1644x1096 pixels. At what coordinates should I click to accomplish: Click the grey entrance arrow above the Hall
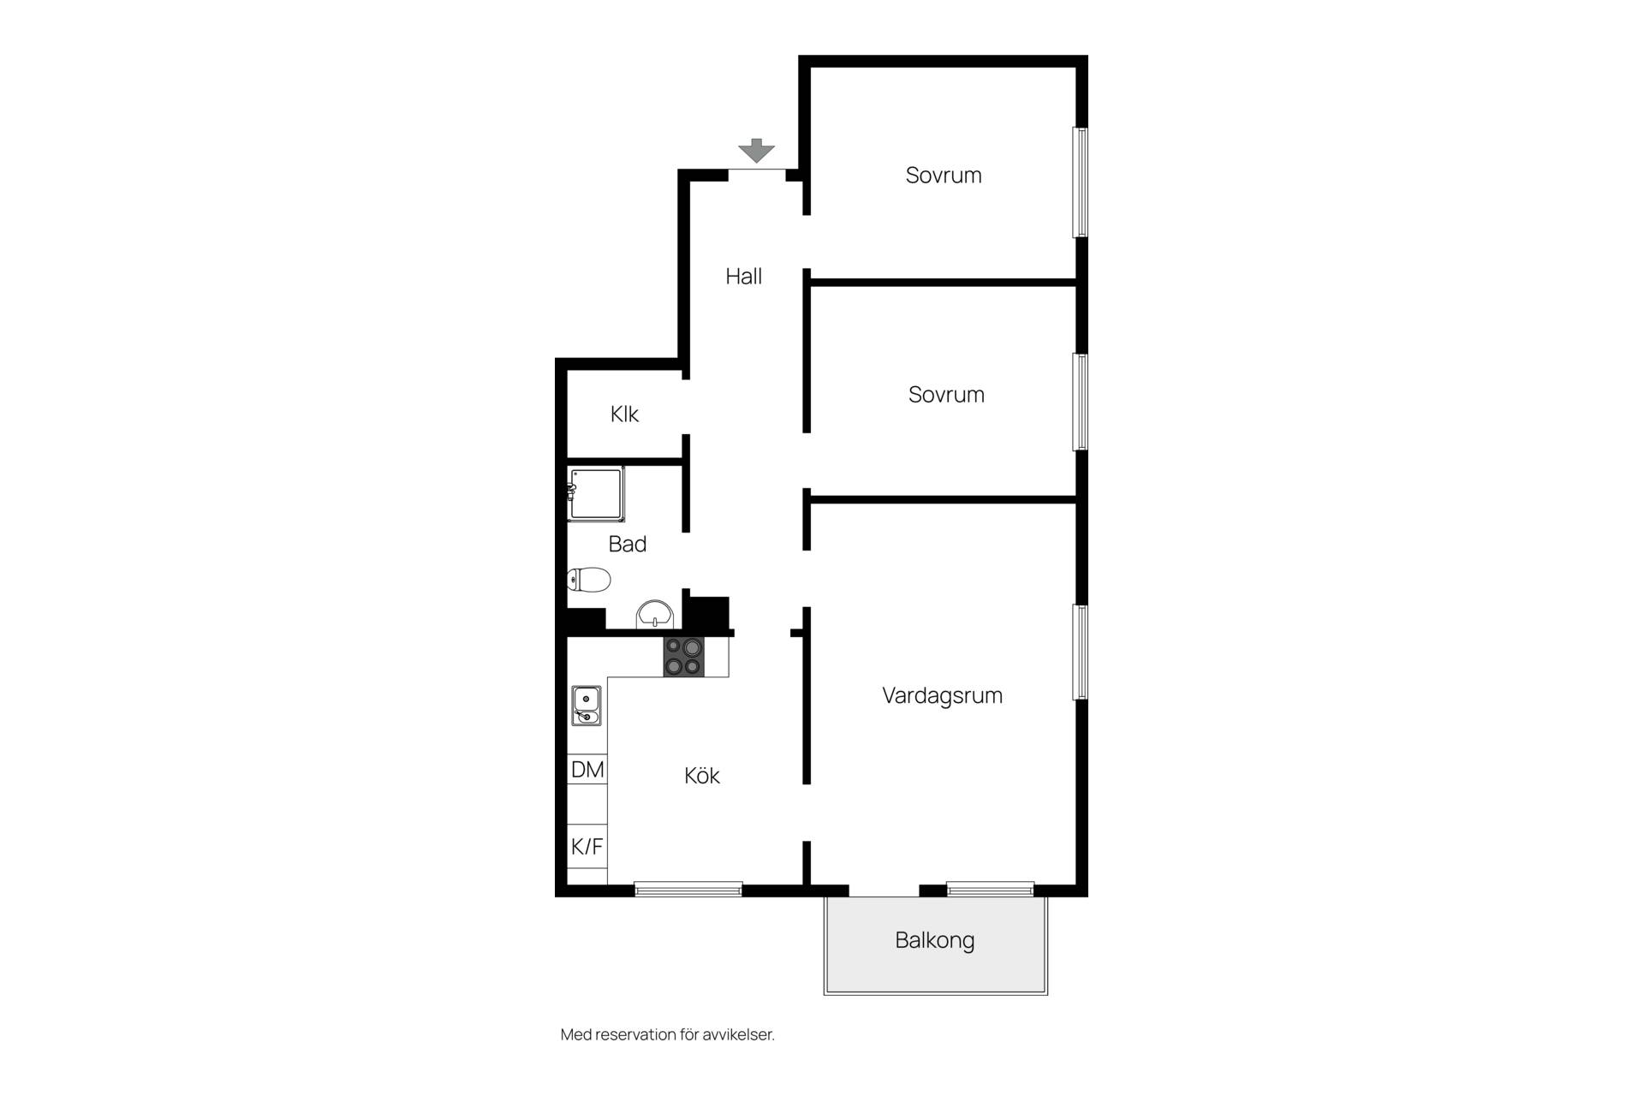[x=756, y=151]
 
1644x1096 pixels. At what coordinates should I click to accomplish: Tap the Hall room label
[x=743, y=277]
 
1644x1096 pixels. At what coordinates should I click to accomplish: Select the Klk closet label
[x=624, y=414]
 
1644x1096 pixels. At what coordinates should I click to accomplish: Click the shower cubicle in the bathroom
[x=596, y=494]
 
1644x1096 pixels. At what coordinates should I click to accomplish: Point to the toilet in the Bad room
[x=588, y=580]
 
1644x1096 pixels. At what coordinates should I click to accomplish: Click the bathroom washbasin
[x=655, y=613]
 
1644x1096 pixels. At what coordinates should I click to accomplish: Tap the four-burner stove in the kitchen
[x=683, y=657]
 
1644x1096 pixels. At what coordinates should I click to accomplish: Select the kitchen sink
[x=587, y=706]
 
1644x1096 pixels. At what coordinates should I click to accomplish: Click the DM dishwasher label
[x=587, y=770]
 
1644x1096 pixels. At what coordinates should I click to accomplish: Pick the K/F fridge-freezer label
[x=587, y=847]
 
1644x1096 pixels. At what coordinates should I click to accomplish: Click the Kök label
[x=701, y=776]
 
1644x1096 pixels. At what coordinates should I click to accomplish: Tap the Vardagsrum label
[x=942, y=695]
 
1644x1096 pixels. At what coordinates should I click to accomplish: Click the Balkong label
[x=934, y=940]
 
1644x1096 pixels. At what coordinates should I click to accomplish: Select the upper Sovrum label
[x=944, y=176]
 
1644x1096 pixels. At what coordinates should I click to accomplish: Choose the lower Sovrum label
[x=946, y=395]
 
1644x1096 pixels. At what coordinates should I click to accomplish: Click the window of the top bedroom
[x=1081, y=182]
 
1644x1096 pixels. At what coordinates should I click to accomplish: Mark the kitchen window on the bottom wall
[x=688, y=889]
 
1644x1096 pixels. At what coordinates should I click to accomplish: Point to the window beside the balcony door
[x=990, y=889]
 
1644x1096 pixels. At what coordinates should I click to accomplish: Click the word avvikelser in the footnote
[x=738, y=1034]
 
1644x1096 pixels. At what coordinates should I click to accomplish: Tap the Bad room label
[x=628, y=544]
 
